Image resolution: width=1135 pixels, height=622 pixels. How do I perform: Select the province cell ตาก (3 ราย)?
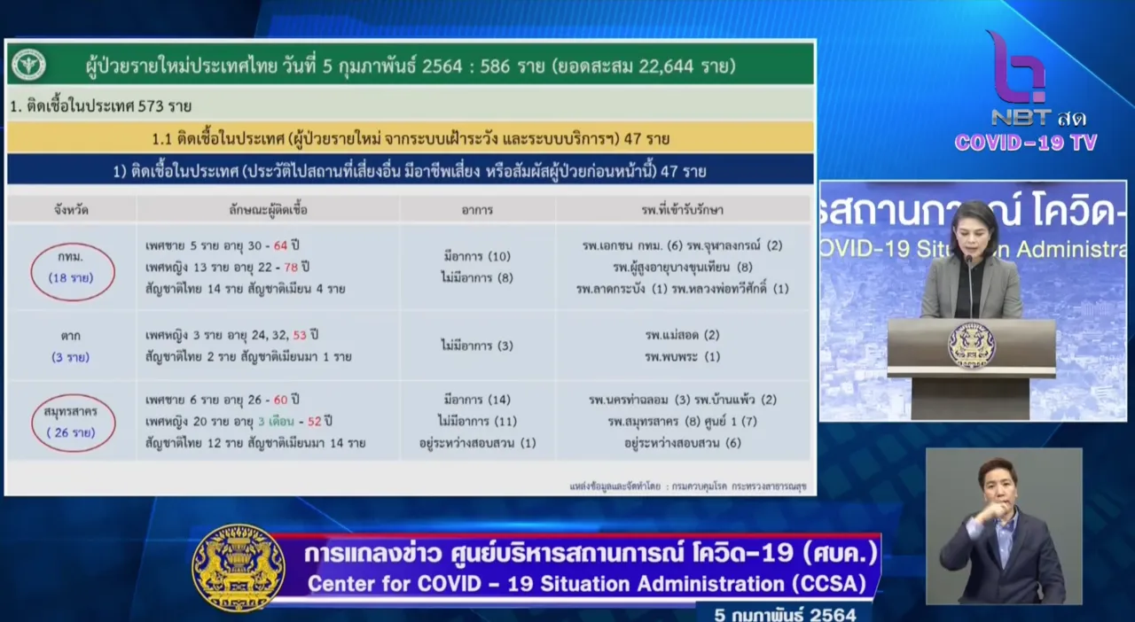point(70,346)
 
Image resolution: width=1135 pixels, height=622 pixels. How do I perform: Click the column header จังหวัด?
point(71,210)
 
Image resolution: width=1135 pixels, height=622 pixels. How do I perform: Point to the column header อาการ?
point(477,210)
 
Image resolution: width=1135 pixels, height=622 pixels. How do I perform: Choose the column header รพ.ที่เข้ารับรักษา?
point(683,210)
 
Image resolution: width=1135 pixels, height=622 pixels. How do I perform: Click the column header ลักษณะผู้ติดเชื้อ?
point(268,210)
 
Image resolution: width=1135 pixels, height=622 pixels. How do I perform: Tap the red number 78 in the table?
point(290,267)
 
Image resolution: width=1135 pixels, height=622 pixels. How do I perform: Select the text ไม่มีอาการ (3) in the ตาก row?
point(477,346)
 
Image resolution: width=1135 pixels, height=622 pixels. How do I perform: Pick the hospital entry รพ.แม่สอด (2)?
point(682,335)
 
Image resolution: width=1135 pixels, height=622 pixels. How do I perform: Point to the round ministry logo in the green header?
point(29,65)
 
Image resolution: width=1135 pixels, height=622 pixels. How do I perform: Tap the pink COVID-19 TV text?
point(1026,143)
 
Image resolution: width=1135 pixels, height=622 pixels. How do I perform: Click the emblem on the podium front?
point(971,346)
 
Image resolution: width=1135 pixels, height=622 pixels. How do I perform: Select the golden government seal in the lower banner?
point(239,568)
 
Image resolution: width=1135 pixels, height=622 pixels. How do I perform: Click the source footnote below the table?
point(687,486)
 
